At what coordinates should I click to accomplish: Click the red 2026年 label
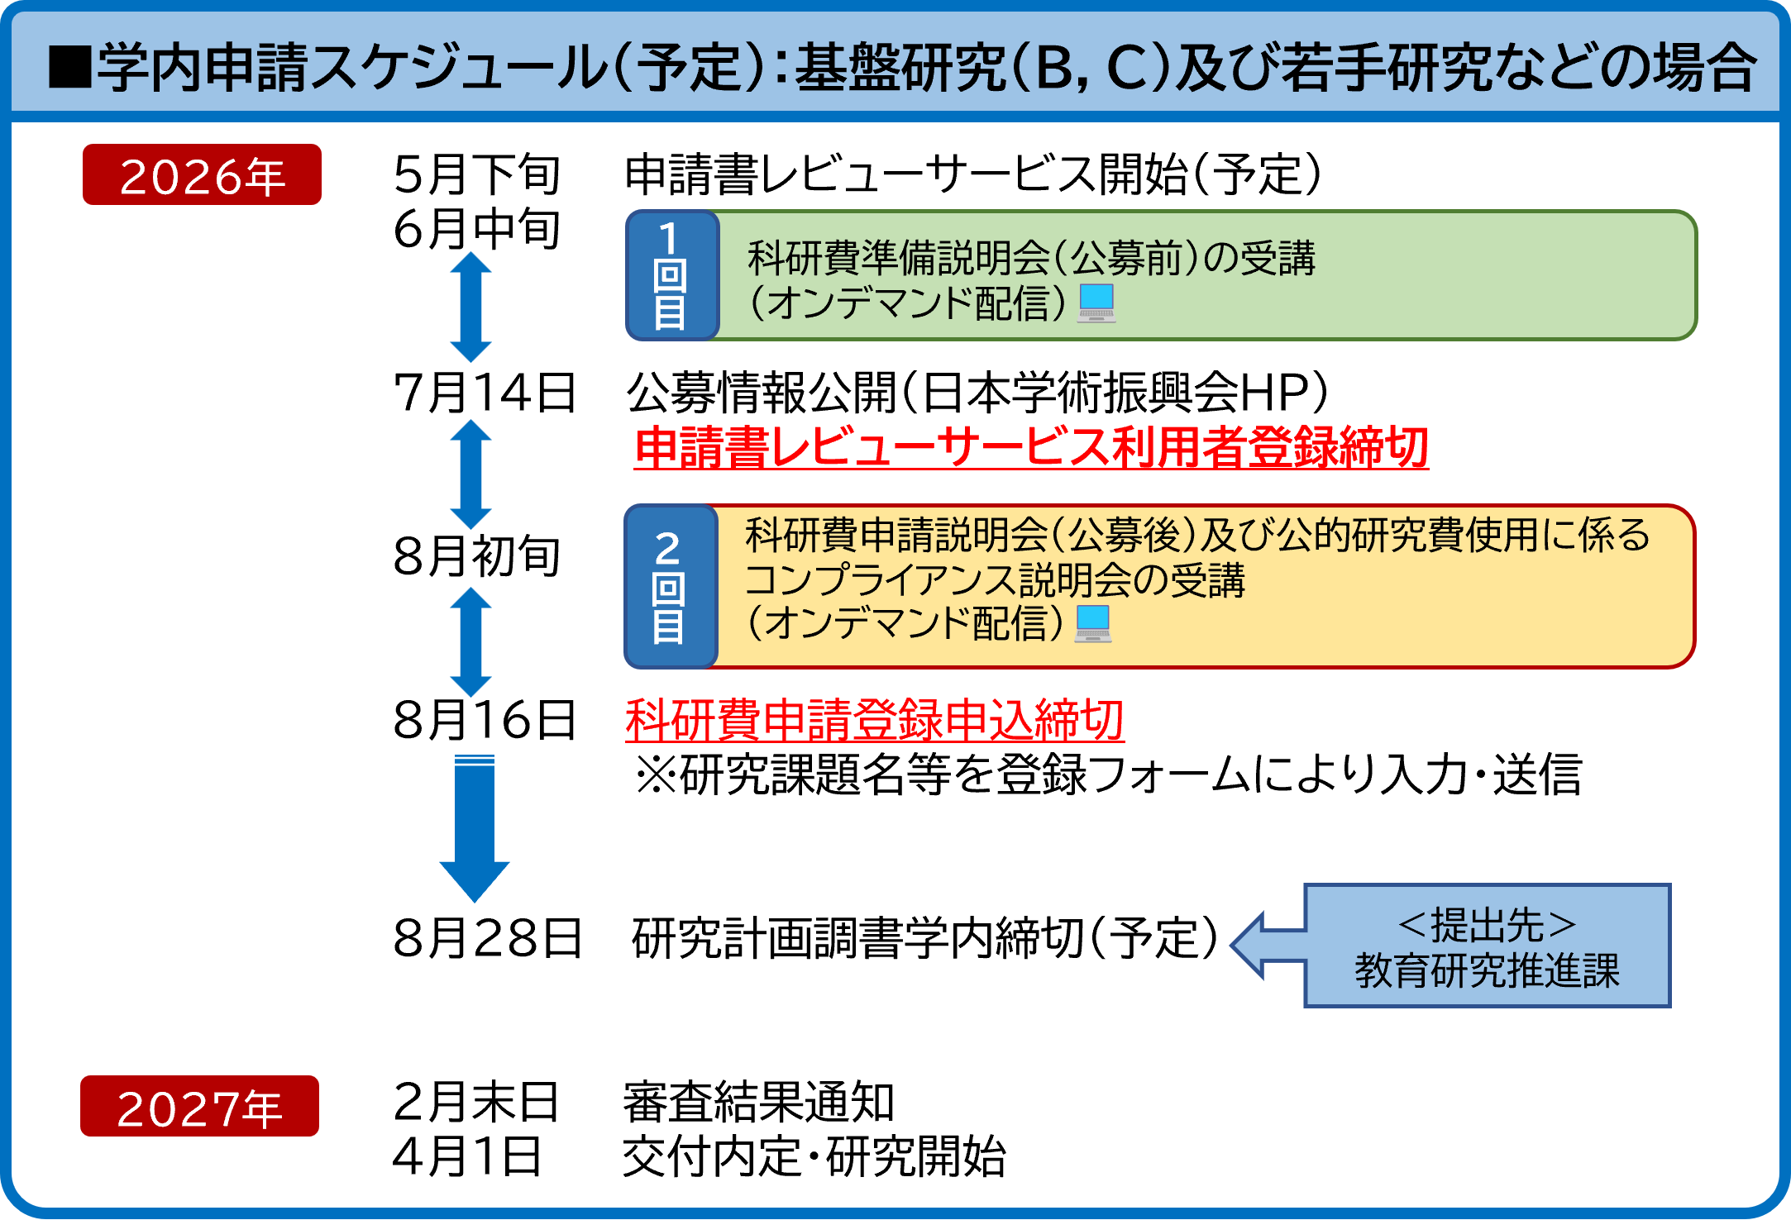pyautogui.click(x=202, y=175)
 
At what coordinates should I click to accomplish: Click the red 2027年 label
pyautogui.click(x=199, y=1107)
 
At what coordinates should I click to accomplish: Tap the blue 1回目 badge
pyautogui.click(x=671, y=275)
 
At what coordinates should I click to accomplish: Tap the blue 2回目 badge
pyautogui.click(x=669, y=586)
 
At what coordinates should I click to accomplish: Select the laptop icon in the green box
pyautogui.click(x=1096, y=303)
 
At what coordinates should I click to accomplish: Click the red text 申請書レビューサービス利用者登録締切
pyautogui.click(x=1031, y=447)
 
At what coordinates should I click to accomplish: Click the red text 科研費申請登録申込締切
pyautogui.click(x=875, y=719)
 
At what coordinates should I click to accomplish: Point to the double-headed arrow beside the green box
pyautogui.click(x=470, y=307)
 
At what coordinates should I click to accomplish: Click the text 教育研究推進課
pyautogui.click(x=1487, y=970)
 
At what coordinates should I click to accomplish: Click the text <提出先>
pyautogui.click(x=1487, y=925)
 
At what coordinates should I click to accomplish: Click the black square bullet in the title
pyautogui.click(x=69, y=67)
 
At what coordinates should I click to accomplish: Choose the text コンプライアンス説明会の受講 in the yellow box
pyautogui.click(x=995, y=579)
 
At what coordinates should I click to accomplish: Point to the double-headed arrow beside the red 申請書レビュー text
pyautogui.click(x=470, y=474)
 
